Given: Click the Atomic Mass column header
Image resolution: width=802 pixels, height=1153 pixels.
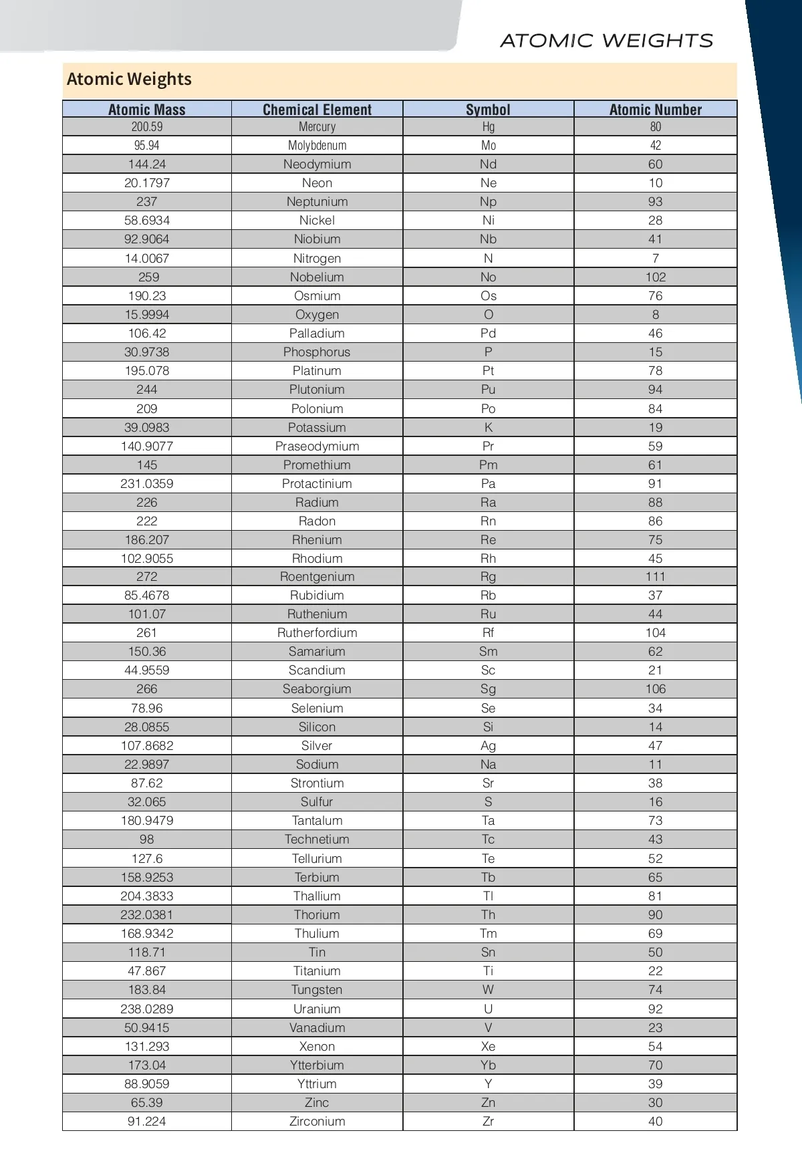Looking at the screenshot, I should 147,110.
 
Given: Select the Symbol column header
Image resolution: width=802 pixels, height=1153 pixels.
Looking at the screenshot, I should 488,110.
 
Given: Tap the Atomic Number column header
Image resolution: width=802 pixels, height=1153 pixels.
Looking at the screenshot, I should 655,110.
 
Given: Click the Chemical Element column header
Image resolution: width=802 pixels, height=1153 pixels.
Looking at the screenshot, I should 317,110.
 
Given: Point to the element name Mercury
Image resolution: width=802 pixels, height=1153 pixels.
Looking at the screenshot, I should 317,127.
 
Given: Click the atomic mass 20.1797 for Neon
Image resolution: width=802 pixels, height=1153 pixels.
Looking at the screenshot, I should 147,183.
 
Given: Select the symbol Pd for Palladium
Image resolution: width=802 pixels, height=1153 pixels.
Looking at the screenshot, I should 488,334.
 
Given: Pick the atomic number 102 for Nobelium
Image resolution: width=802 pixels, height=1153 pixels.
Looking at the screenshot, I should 655,277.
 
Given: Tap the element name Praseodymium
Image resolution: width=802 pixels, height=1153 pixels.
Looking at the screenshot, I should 317,446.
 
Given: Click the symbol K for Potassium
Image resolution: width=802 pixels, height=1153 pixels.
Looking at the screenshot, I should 488,428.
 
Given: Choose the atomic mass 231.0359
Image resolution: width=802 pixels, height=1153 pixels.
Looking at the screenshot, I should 147,484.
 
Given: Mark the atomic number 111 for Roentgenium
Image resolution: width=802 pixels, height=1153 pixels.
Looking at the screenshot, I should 655,577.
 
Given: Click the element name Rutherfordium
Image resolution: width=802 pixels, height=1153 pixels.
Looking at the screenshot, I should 317,633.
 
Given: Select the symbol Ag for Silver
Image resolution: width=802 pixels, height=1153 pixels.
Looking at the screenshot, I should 488,746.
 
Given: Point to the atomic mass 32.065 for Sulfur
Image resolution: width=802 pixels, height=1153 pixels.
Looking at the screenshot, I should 147,802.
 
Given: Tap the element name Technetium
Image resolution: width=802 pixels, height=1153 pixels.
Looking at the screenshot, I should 317,840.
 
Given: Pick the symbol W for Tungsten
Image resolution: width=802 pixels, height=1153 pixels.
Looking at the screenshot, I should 488,990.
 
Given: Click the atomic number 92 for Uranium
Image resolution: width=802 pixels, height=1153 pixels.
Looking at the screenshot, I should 655,1009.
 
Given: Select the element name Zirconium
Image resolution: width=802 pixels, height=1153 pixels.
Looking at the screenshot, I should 317,1122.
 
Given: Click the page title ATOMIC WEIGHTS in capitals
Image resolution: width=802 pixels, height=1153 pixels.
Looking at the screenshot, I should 606,41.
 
